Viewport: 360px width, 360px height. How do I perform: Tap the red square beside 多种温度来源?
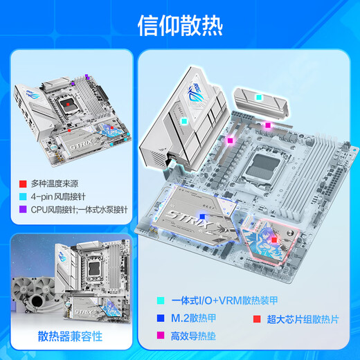(x=24, y=183)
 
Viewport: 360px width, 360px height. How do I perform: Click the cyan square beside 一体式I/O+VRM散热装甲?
(x=161, y=300)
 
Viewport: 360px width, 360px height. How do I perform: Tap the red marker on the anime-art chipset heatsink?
(x=274, y=240)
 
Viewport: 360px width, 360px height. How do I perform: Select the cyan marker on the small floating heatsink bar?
(x=258, y=98)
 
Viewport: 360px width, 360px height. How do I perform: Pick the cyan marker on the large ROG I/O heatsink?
(x=183, y=120)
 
